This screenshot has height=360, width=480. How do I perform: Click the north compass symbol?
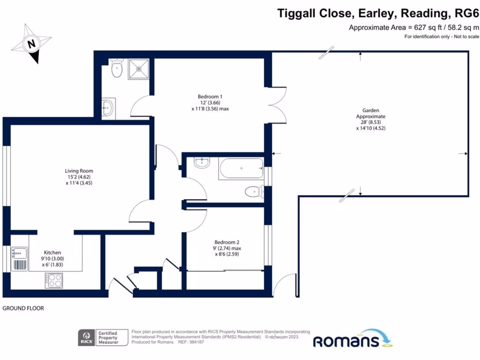point(31,45)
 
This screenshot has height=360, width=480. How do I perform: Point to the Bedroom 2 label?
point(228,248)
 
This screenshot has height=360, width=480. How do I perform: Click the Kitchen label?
point(52,258)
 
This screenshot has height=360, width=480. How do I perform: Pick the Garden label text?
point(370,119)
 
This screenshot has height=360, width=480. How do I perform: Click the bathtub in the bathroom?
point(241,168)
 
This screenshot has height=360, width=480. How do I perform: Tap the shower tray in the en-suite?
point(139,68)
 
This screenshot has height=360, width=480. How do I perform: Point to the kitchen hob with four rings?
point(54,280)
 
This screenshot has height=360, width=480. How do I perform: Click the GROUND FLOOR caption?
point(23,308)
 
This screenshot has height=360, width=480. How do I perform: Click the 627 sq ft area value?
point(425,28)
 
